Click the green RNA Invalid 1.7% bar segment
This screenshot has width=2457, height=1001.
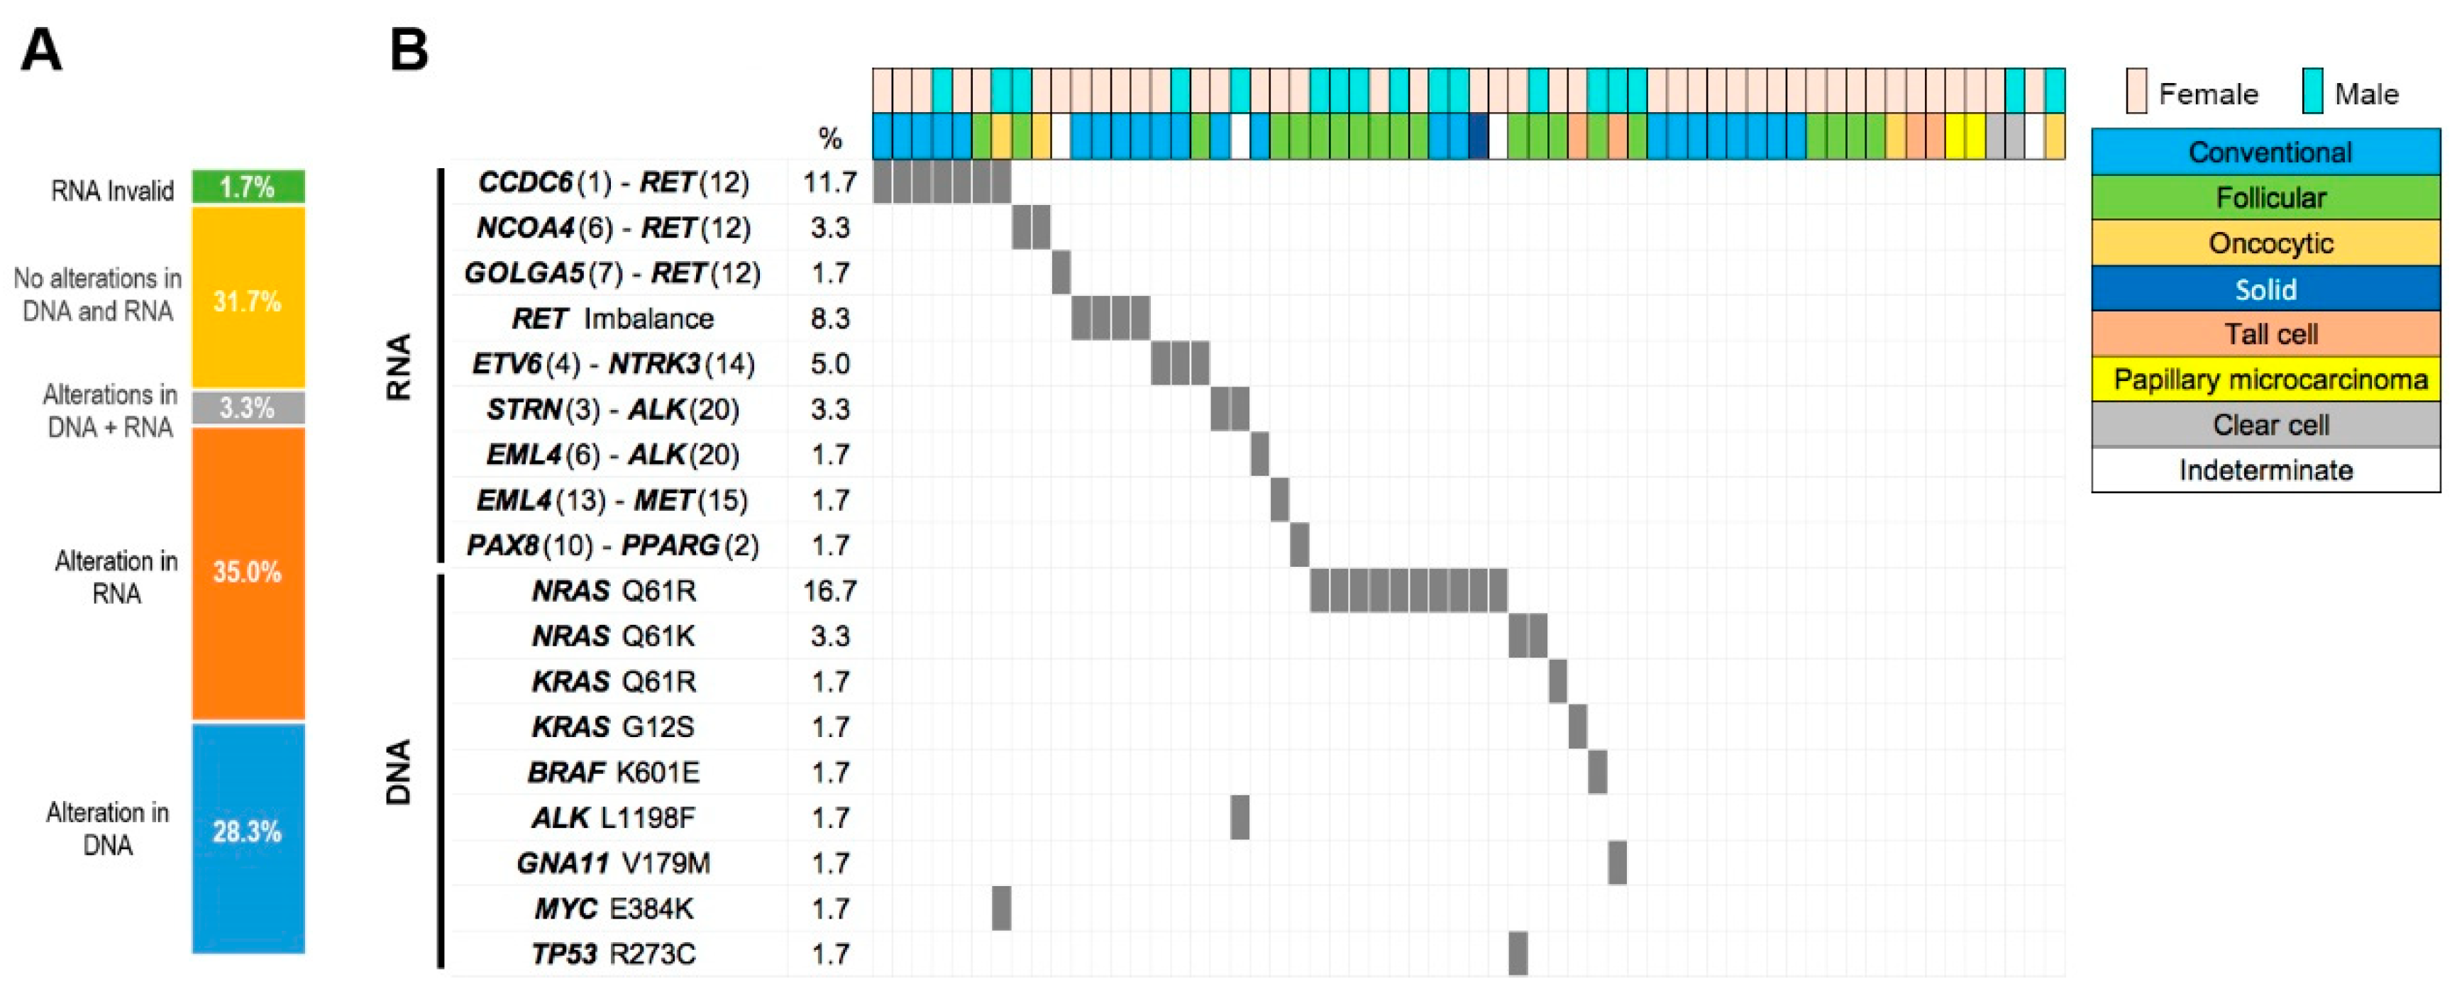(x=248, y=187)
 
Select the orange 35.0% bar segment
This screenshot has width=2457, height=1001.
(x=248, y=572)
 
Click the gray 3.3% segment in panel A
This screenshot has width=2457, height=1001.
(x=248, y=408)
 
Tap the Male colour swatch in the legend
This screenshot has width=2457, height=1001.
(x=2312, y=92)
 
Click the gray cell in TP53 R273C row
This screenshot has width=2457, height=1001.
(x=1518, y=953)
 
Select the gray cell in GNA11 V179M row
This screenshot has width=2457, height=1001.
(x=1617, y=863)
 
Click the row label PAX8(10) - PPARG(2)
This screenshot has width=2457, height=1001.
(x=612, y=546)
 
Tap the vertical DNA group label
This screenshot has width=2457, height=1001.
(x=399, y=772)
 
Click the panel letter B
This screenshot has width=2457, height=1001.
(x=410, y=50)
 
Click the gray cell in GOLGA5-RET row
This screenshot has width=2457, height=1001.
(x=1061, y=272)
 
